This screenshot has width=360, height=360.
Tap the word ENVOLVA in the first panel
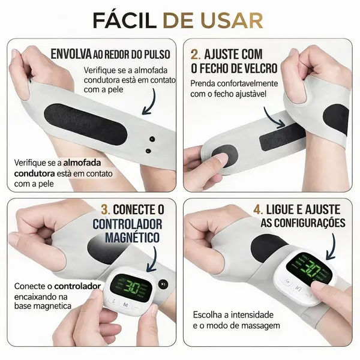click(71, 54)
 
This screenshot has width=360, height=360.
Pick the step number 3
click(106, 209)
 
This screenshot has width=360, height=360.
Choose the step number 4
click(258, 209)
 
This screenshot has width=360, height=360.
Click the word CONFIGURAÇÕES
click(304, 223)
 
